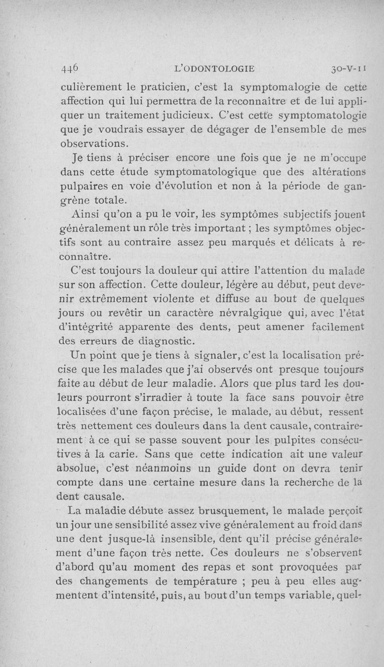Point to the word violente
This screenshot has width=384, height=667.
click(171, 300)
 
